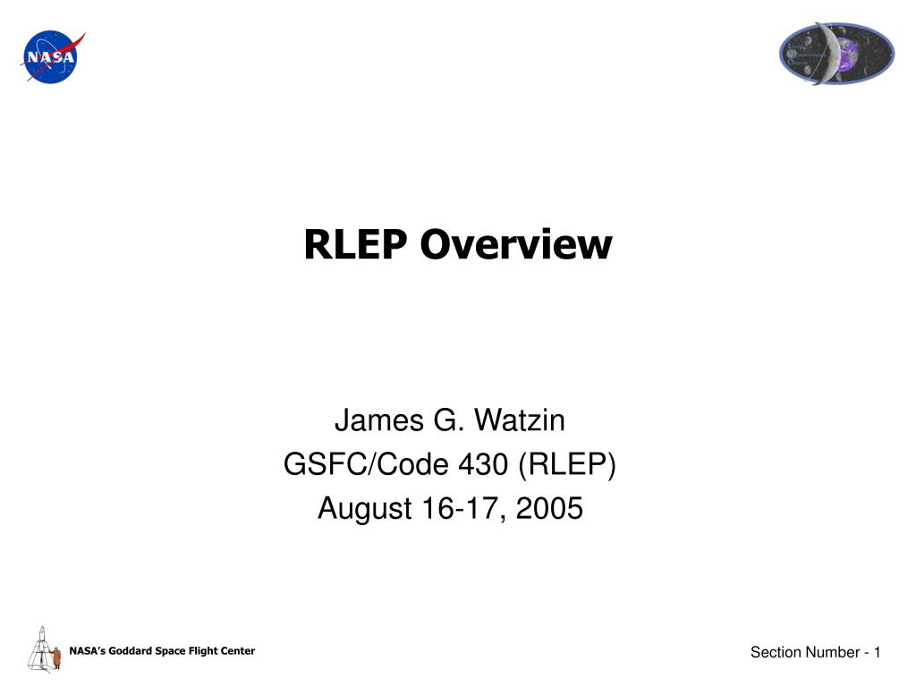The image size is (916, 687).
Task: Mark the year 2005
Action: pos(551,508)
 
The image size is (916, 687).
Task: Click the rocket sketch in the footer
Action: pos(38,649)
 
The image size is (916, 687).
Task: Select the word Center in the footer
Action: pos(236,651)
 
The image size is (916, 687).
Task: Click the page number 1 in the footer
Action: pos(878,653)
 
